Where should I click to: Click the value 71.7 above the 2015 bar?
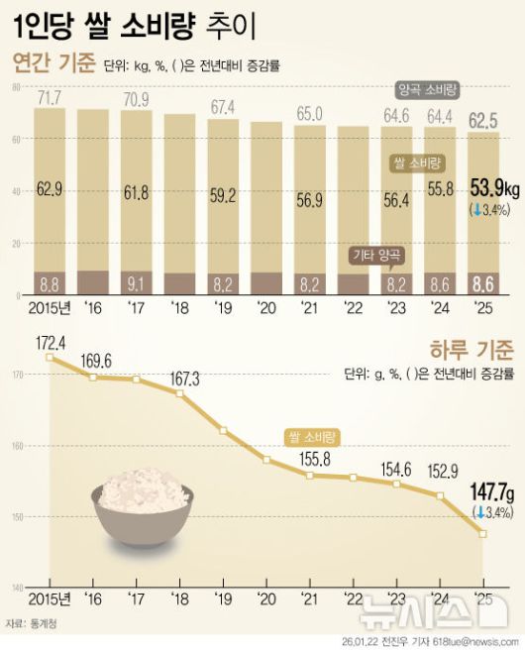point(50,97)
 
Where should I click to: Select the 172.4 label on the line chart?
point(50,342)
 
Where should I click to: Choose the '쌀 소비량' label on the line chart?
point(309,435)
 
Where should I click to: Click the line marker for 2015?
point(50,357)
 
